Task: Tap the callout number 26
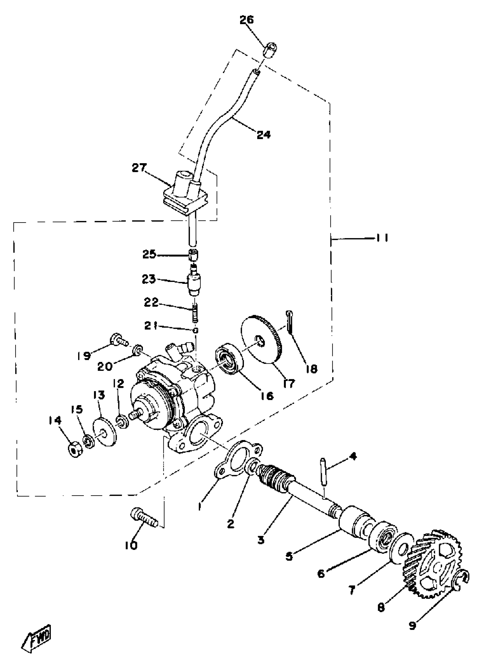246,20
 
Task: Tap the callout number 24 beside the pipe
263,135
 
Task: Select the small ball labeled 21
196,330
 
